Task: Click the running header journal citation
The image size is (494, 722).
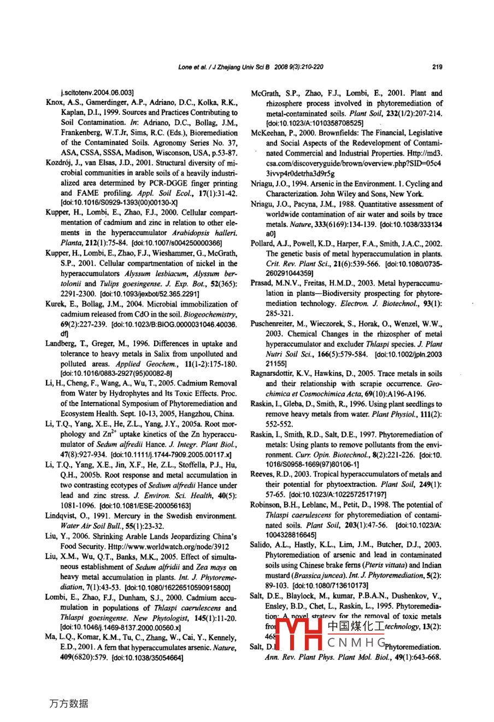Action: click(250, 67)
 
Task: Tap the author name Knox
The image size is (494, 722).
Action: click(54, 102)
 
